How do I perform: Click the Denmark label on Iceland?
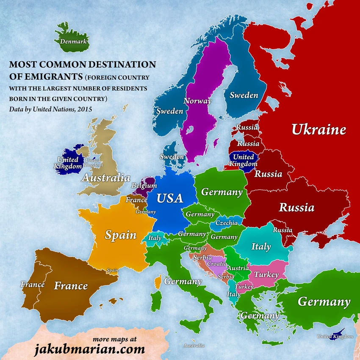click(74, 42)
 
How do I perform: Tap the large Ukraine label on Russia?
click(318, 130)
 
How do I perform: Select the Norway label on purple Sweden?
click(197, 101)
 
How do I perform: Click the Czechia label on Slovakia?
click(227, 223)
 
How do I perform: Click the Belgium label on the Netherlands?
click(144, 186)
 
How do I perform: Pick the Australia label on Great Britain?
click(105, 177)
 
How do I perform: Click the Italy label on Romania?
click(261, 246)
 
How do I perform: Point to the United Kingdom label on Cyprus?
click(335, 336)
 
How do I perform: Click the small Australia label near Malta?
click(194, 345)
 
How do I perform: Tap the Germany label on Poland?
click(222, 192)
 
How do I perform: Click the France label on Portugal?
click(33, 285)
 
